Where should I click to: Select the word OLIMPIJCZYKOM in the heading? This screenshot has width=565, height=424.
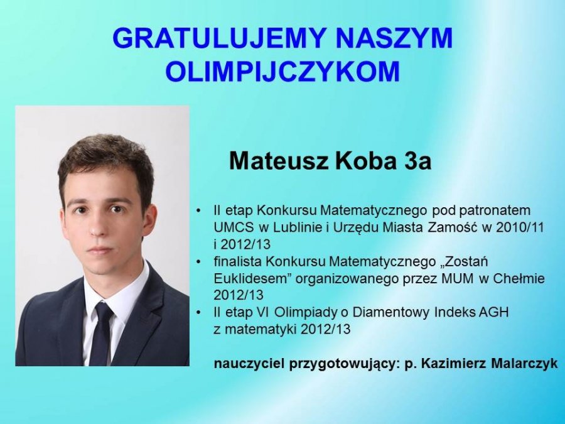point(282,72)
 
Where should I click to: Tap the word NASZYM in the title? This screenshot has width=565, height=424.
point(394,38)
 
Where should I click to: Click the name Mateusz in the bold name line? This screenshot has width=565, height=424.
point(279,161)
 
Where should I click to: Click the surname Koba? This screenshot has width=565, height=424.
point(366,161)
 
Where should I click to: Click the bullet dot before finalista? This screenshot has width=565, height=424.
point(198,262)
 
